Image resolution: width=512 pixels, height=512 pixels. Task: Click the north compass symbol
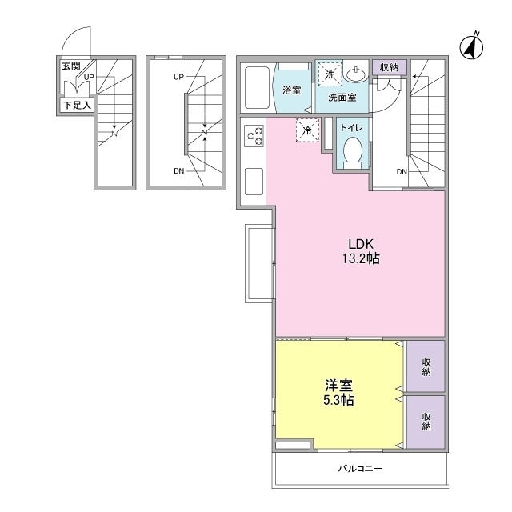[471, 47]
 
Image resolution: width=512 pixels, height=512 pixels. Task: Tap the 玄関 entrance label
[71, 66]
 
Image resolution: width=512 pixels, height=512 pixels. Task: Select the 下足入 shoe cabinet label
[77, 106]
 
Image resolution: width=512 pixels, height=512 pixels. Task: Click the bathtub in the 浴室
[257, 87]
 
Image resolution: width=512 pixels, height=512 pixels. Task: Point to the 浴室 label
[291, 90]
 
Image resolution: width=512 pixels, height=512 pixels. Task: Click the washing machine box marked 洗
[330, 74]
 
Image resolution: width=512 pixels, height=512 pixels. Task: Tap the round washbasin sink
[357, 74]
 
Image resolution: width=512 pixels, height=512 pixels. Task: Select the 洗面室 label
[342, 98]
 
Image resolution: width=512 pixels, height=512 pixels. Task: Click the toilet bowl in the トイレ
[352, 152]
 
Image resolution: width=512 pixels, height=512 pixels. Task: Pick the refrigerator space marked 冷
[307, 130]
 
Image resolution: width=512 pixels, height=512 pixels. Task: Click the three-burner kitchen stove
[254, 136]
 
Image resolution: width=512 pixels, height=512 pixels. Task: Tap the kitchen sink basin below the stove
[254, 182]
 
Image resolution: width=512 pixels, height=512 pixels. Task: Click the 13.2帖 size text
[361, 258]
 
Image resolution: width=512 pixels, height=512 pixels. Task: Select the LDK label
[361, 244]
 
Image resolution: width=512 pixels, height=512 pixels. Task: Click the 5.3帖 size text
[338, 400]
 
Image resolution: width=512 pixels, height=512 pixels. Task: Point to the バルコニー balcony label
[360, 469]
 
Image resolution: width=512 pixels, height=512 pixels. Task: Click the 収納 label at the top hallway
[390, 67]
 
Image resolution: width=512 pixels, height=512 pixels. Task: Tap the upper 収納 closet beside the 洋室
[426, 366]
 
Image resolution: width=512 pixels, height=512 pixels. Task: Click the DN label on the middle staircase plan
[179, 171]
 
